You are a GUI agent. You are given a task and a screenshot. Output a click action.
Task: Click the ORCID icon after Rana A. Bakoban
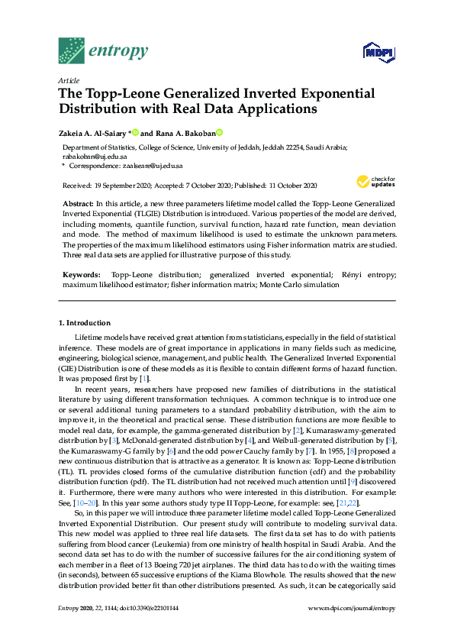click(219, 131)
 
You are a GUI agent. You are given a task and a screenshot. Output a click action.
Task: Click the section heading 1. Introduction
click(85, 323)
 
